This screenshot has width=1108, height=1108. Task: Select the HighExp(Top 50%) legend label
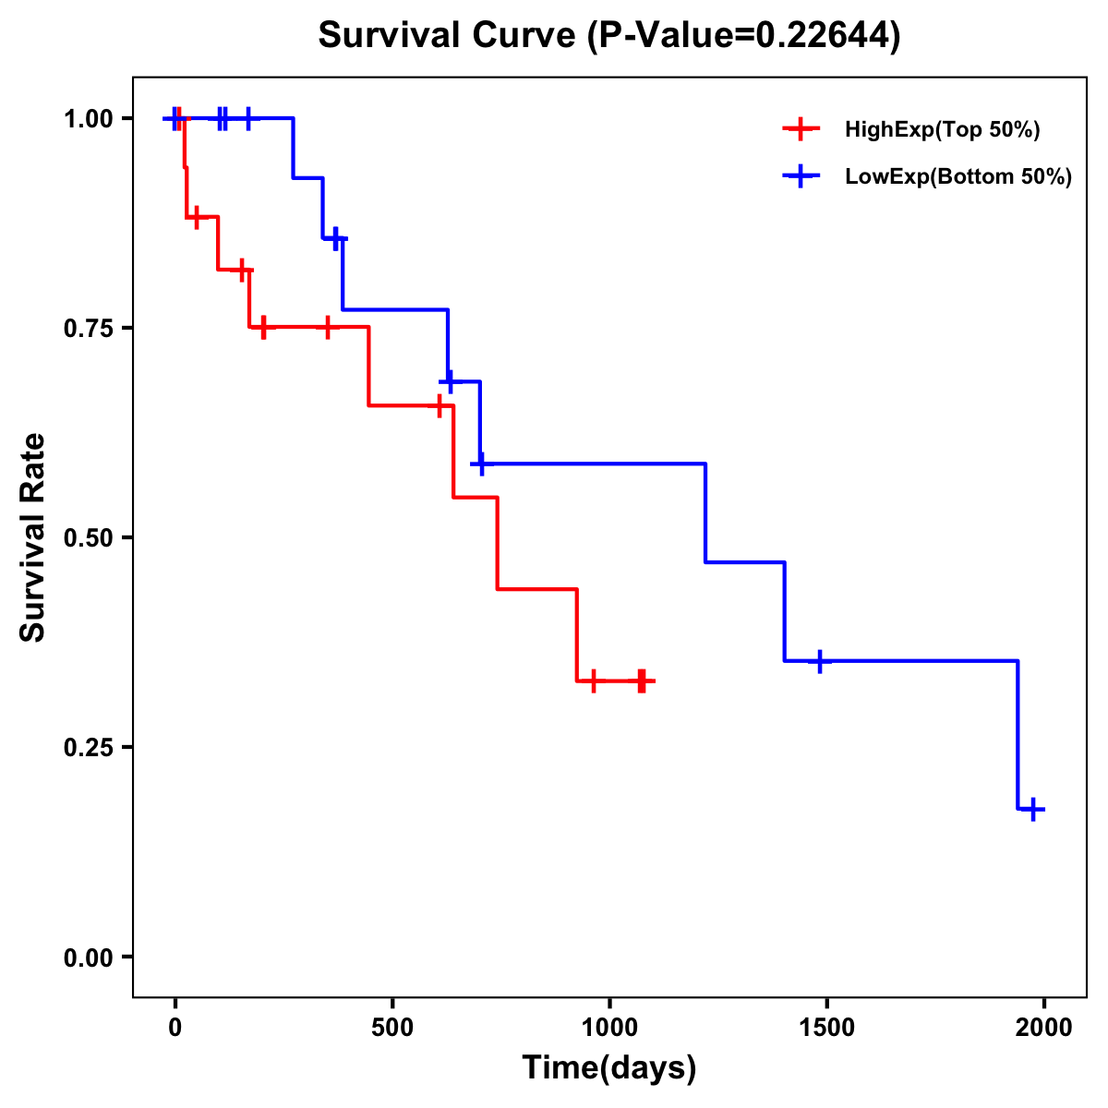pos(942,130)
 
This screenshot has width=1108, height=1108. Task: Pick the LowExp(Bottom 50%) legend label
pos(958,177)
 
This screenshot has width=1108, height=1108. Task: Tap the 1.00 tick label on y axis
pos(88,119)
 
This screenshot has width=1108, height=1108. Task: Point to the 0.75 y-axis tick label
pos(88,329)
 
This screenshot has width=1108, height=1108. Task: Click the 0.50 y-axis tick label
pos(88,538)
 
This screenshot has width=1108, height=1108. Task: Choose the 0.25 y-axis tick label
pos(88,748)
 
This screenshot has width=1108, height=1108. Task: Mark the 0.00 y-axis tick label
pos(88,957)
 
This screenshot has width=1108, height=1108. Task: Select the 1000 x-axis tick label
pos(609,1028)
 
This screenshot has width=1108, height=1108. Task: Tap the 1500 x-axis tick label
pos(826,1028)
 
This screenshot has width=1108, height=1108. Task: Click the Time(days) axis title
pos(609,1068)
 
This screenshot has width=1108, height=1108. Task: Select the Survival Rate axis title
pos(33,537)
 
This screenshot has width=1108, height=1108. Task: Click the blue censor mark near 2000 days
pos(1033,809)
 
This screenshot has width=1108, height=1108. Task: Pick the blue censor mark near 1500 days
pos(819,661)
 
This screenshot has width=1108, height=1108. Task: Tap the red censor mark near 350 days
pos(327,327)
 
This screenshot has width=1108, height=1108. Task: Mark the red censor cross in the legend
pos(801,130)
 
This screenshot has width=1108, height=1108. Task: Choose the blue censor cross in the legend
pos(801,177)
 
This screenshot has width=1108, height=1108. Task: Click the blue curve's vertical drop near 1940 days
pos(1018,735)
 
